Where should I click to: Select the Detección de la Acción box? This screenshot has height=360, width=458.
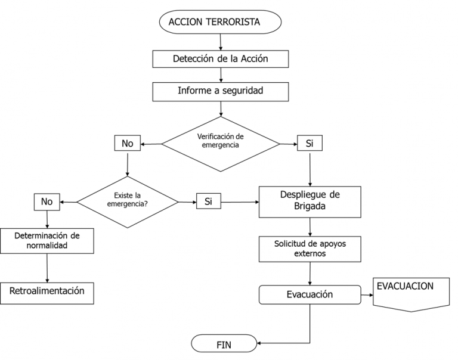click(x=221, y=58)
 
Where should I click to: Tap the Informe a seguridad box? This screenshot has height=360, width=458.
click(x=221, y=92)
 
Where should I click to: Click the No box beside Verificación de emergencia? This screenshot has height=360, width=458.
click(x=126, y=144)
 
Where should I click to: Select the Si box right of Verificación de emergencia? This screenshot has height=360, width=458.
click(x=310, y=144)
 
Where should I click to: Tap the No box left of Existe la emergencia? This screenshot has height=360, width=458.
click(x=47, y=202)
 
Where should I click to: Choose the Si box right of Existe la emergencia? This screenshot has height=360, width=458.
click(x=208, y=202)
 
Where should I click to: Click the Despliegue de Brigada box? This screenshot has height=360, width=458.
click(x=310, y=202)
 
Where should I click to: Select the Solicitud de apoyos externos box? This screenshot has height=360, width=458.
click(x=310, y=249)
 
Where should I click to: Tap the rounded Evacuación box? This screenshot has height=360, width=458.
click(x=310, y=294)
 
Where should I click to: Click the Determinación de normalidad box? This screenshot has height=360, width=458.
click(x=47, y=240)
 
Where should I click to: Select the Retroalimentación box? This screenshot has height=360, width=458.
click(x=47, y=291)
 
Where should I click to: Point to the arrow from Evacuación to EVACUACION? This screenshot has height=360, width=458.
click(x=366, y=294)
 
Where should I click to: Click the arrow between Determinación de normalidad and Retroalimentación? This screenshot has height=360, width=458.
click(x=47, y=267)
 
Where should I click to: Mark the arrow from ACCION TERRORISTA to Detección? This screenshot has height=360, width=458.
click(x=221, y=41)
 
